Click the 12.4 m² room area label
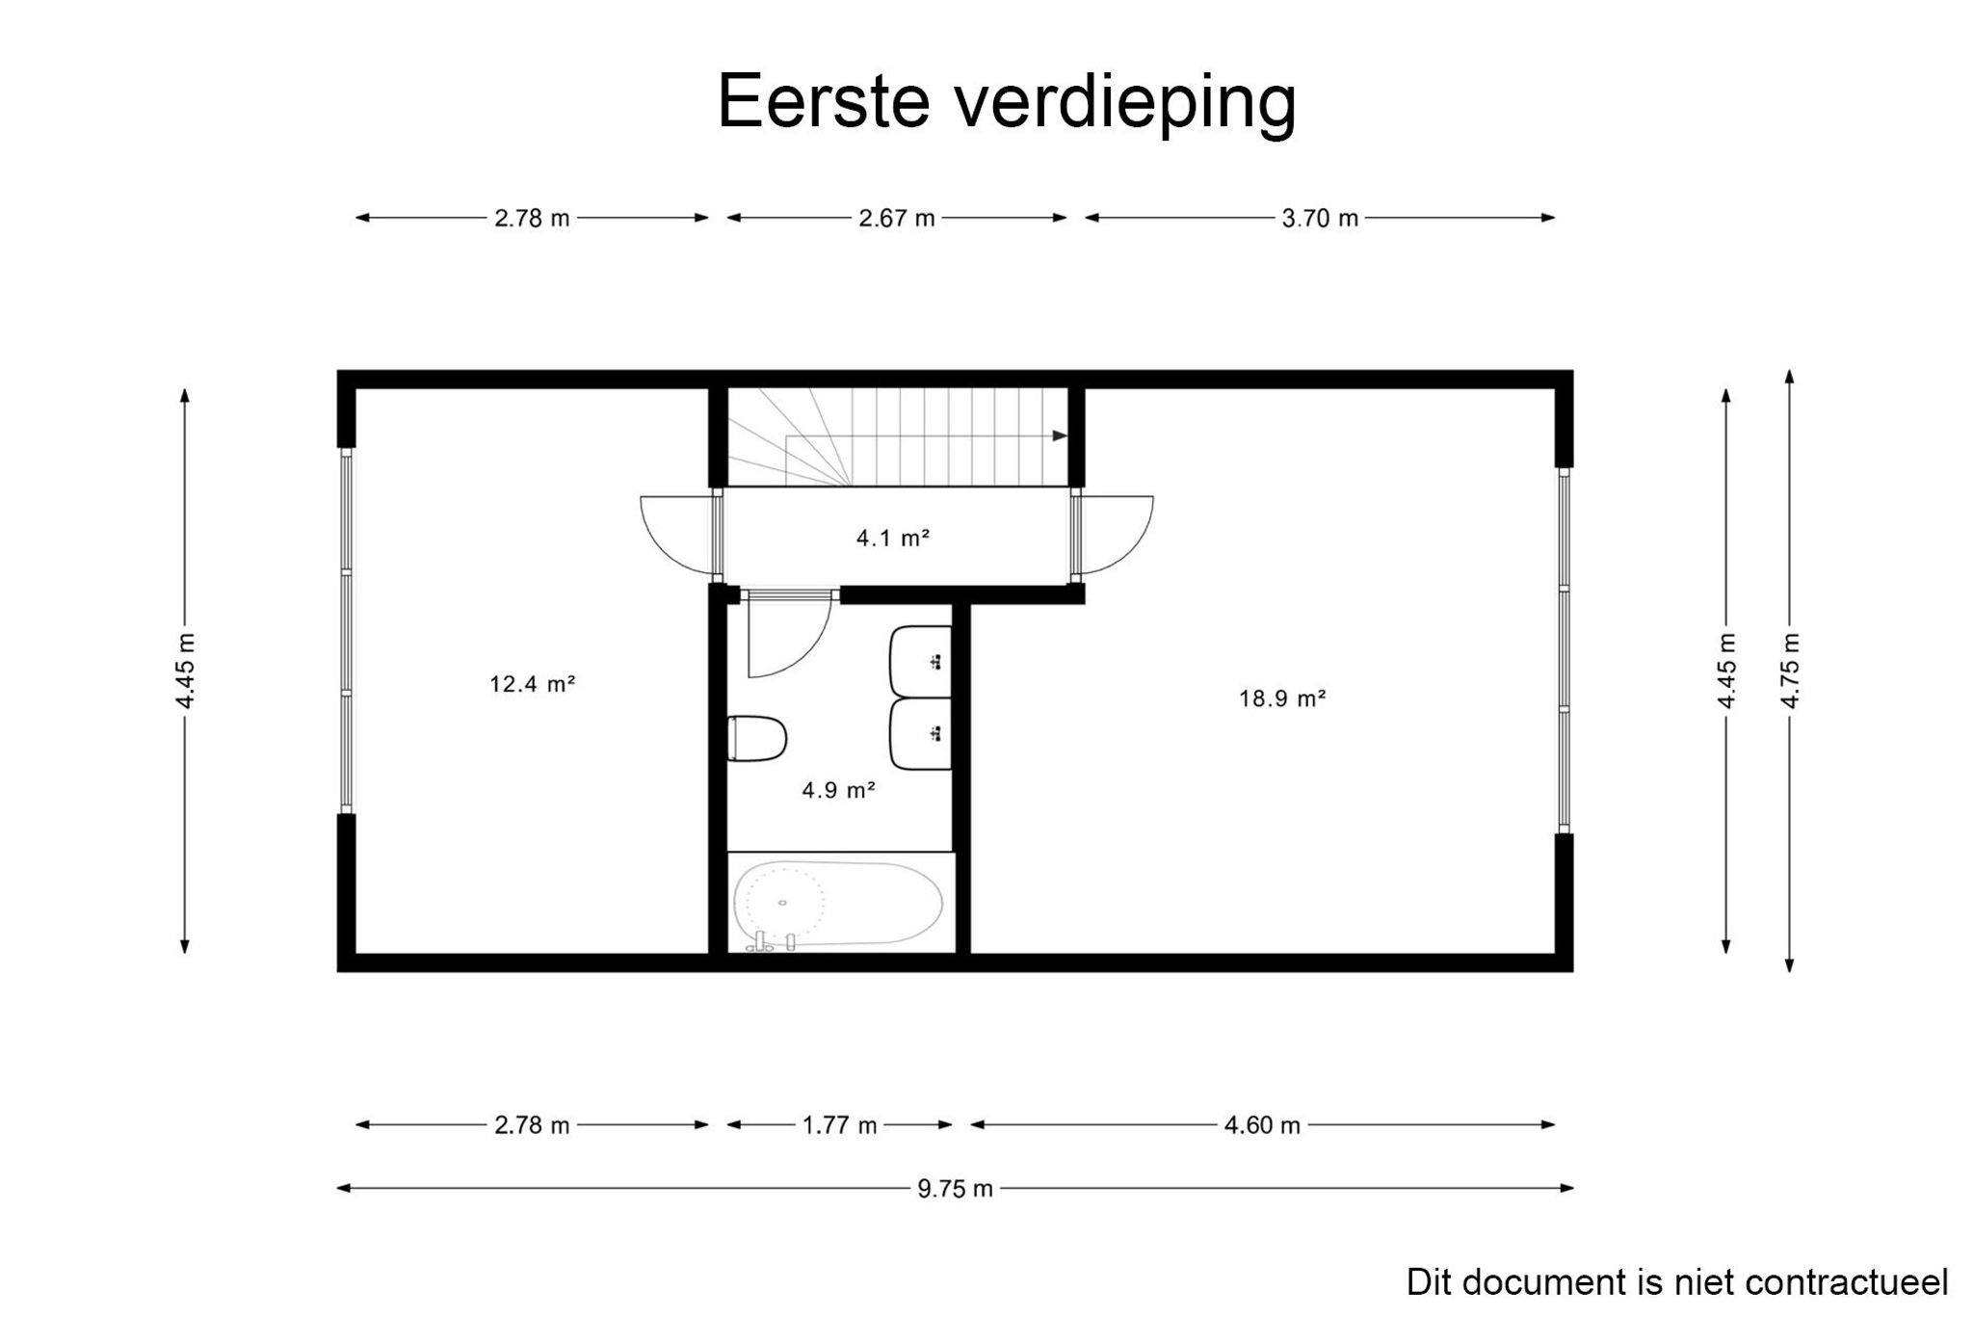[x=532, y=685]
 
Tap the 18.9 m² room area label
[x=1281, y=698]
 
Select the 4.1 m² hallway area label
[x=892, y=539]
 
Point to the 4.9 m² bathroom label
[x=838, y=791]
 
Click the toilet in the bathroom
[x=757, y=739]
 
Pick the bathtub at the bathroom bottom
[x=837, y=904]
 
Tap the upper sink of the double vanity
[x=921, y=661]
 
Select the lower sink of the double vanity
[x=921, y=735]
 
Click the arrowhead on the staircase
[x=1060, y=435]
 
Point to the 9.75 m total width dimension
[x=955, y=1189]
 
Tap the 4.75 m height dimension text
[x=1790, y=671]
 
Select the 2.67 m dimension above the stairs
[x=897, y=219]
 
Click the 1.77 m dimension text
[x=840, y=1125]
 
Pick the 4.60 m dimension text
[x=1262, y=1125]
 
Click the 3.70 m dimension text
[x=1320, y=219]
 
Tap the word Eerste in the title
[x=823, y=100]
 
